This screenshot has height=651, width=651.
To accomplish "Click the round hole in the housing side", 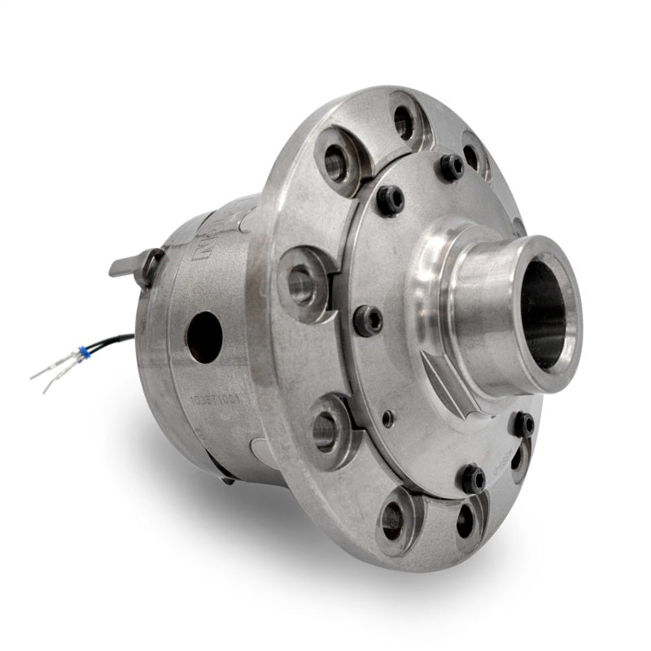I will click(203, 336).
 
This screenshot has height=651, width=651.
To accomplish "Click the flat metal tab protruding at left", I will click(130, 264).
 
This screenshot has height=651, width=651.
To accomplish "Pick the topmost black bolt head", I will click(452, 166).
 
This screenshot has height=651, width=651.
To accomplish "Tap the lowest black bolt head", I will click(472, 478).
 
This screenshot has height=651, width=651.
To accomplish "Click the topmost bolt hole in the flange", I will click(404, 121).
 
